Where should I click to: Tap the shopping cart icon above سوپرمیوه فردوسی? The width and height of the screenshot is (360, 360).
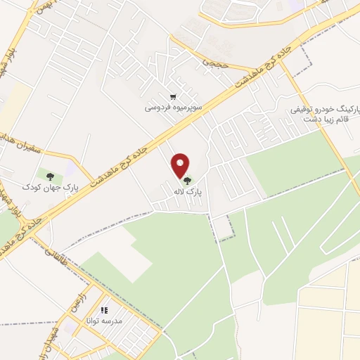[x=173, y=97]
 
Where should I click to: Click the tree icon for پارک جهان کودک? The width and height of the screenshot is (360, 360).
[x=49, y=176]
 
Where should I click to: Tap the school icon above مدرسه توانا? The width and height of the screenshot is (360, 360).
[x=104, y=310]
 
